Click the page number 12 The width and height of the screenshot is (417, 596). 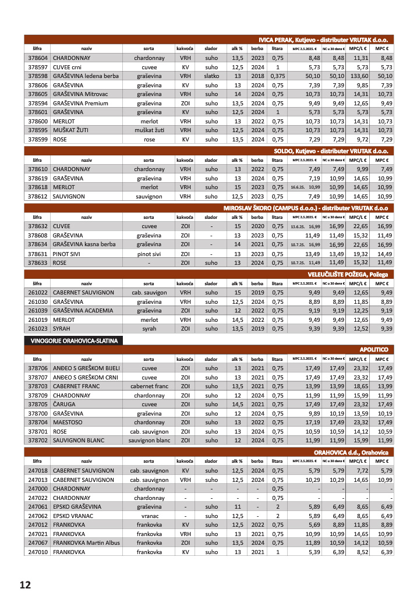tap(24, 584)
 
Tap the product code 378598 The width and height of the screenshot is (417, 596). tap(37, 76)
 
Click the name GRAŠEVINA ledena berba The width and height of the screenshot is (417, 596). tap(86, 76)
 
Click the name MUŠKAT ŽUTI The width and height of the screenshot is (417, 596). tap(70, 130)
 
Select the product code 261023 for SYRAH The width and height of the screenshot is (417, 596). tap(37, 329)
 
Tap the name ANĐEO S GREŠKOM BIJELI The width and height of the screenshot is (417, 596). tap(86, 368)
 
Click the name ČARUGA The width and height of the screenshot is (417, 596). tap(65, 404)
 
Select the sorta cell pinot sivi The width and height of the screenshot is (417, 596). tap(149, 254)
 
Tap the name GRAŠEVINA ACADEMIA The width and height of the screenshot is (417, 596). tap(83, 311)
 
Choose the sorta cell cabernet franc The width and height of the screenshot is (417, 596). tap(149, 386)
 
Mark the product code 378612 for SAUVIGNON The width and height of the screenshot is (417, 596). tap(37, 196)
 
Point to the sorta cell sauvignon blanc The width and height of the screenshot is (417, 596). tap(149, 440)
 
